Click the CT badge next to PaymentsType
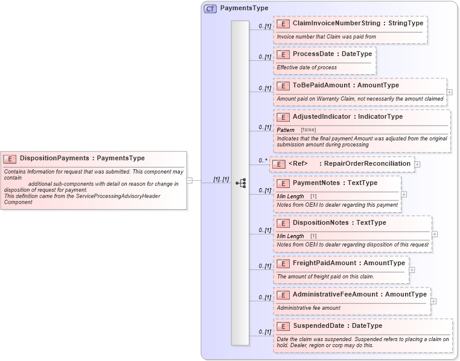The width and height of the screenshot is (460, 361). (x=210, y=8)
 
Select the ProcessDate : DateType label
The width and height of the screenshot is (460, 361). (x=332, y=54)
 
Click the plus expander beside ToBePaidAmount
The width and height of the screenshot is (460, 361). (x=449, y=92)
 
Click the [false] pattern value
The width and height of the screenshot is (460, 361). (x=308, y=130)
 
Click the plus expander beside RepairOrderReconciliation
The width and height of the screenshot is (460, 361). (x=417, y=164)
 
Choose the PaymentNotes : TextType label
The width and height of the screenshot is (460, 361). (x=334, y=183)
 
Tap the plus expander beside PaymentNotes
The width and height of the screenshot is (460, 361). (x=404, y=194)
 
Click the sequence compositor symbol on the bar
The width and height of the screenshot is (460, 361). (x=240, y=183)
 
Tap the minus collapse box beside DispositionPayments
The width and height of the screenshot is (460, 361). (x=190, y=180)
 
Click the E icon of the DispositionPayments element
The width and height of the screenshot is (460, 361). (x=10, y=159)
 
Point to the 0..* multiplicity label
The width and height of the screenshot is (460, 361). (x=263, y=160)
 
